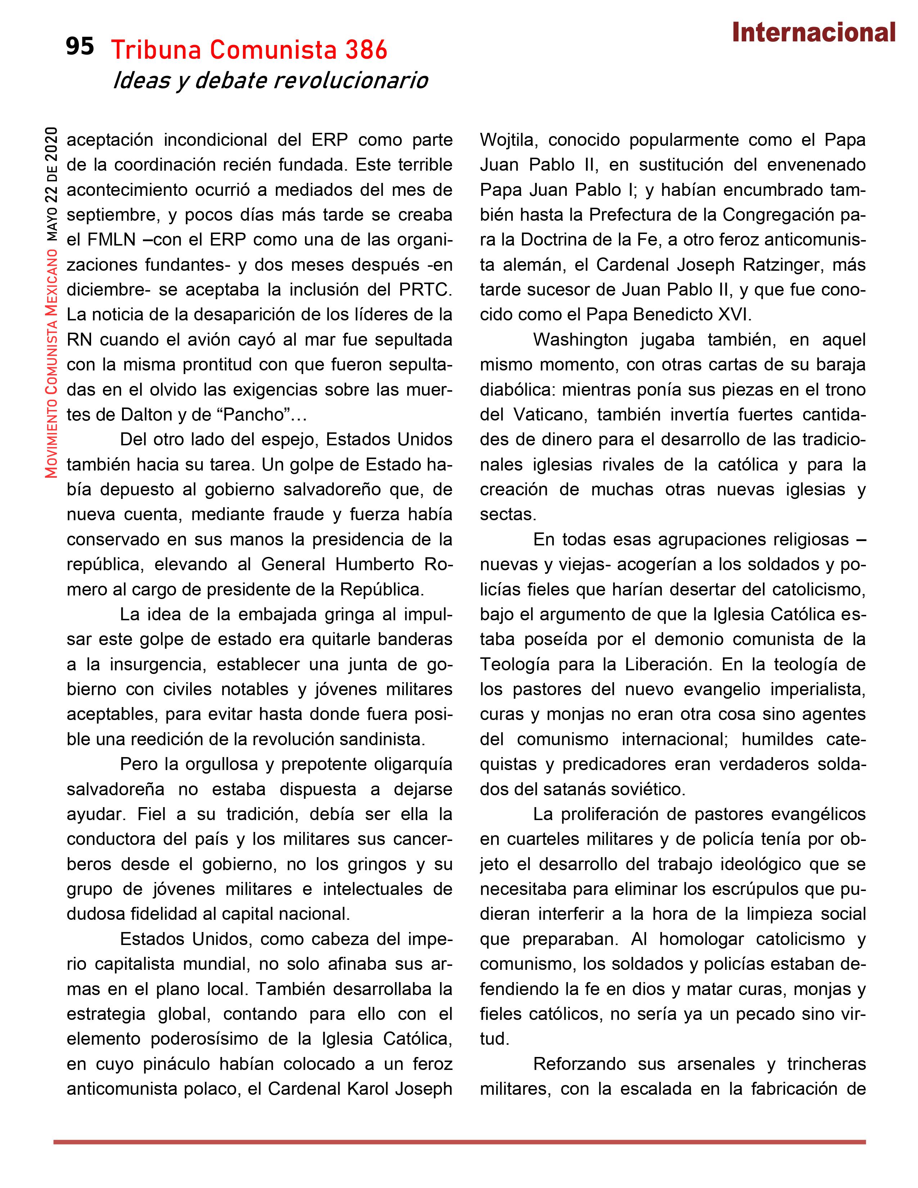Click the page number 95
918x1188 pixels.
(x=80, y=47)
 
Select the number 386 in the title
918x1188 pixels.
(x=366, y=51)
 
